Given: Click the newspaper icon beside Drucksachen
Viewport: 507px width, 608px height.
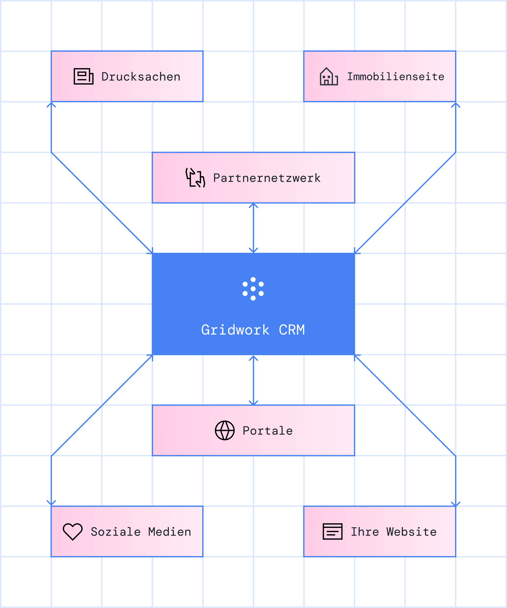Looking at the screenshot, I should pyautogui.click(x=83, y=76).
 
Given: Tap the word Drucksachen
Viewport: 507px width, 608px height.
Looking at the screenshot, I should pyautogui.click(x=141, y=77).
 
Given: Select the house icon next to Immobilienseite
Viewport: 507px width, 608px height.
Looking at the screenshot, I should pyautogui.click(x=329, y=76).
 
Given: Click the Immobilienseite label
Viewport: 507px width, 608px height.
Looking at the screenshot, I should pyautogui.click(x=395, y=77).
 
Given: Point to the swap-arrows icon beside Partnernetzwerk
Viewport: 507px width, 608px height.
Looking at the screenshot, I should pyautogui.click(x=195, y=178).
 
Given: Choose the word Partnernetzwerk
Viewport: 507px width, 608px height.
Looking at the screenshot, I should pyautogui.click(x=267, y=178).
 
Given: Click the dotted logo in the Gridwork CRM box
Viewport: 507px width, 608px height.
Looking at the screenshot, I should pyautogui.click(x=253, y=289).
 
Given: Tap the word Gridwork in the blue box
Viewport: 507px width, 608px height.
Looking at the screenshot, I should pyautogui.click(x=235, y=330).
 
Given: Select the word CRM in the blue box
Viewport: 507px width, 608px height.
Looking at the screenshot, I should pyautogui.click(x=292, y=330).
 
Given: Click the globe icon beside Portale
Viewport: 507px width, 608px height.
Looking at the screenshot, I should pyautogui.click(x=225, y=430).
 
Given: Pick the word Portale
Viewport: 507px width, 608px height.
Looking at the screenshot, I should pyautogui.click(x=268, y=431).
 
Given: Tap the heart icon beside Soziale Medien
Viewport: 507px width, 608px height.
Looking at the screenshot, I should pyautogui.click(x=73, y=532).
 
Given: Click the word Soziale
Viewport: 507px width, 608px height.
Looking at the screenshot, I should pyautogui.click(x=116, y=532).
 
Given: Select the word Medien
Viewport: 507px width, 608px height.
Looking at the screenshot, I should pyautogui.click(x=170, y=532).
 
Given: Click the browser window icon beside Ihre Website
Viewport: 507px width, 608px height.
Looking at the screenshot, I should pyautogui.click(x=332, y=532).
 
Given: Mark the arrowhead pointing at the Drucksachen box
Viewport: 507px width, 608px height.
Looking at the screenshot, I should pyautogui.click(x=51, y=104).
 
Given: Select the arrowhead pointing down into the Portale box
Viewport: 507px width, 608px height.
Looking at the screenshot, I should pyautogui.click(x=253, y=403).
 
